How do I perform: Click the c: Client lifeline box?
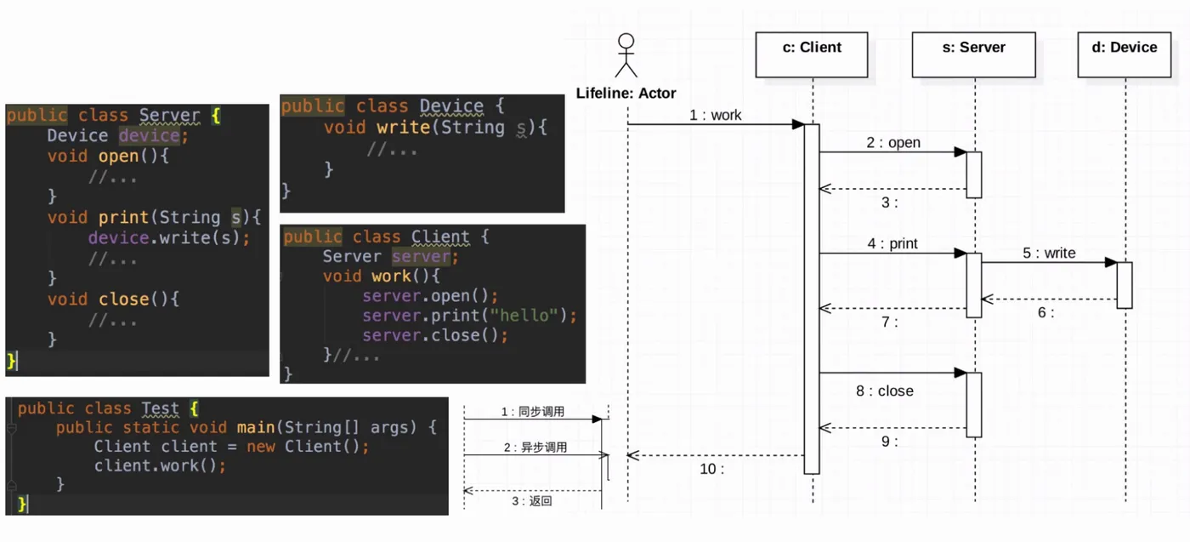point(812,54)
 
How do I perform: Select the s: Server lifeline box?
point(973,54)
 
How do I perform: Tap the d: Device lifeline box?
point(1124,54)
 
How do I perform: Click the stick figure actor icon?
point(626,55)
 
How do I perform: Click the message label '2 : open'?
point(893,143)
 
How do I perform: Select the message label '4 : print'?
point(892,244)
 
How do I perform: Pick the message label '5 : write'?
point(1049,254)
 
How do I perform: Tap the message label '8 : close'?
point(885,391)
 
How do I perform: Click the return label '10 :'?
point(711,468)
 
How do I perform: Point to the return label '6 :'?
point(1045,312)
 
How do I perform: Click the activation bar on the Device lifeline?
point(1124,285)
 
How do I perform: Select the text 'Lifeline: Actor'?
point(626,93)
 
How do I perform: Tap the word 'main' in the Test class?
point(253,427)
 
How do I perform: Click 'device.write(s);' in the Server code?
point(169,238)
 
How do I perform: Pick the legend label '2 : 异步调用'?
point(535,448)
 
